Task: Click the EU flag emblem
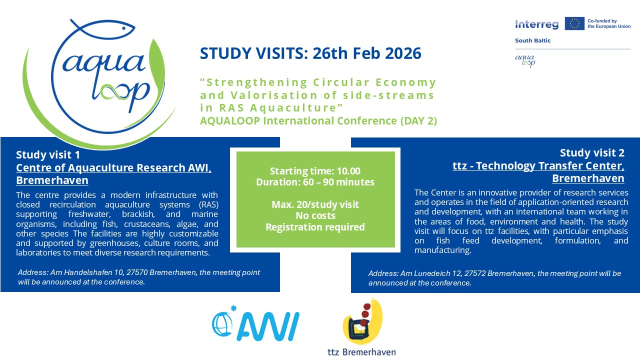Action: click(x=574, y=23)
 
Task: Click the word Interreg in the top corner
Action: click(x=536, y=24)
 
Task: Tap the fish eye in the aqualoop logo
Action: click(x=123, y=28)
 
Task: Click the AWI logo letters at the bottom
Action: click(x=268, y=326)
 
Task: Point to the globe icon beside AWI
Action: click(x=222, y=324)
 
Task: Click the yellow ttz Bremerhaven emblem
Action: click(x=362, y=321)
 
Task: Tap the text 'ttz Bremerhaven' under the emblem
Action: click(x=361, y=351)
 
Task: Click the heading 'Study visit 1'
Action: click(x=48, y=154)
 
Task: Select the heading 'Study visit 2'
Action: click(x=592, y=153)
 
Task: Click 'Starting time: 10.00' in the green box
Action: click(x=315, y=171)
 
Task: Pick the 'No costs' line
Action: click(x=315, y=215)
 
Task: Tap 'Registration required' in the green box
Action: click(x=315, y=227)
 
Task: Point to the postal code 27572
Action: click(x=475, y=273)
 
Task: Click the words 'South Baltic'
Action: click(x=532, y=40)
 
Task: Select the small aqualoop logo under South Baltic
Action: click(x=525, y=61)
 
